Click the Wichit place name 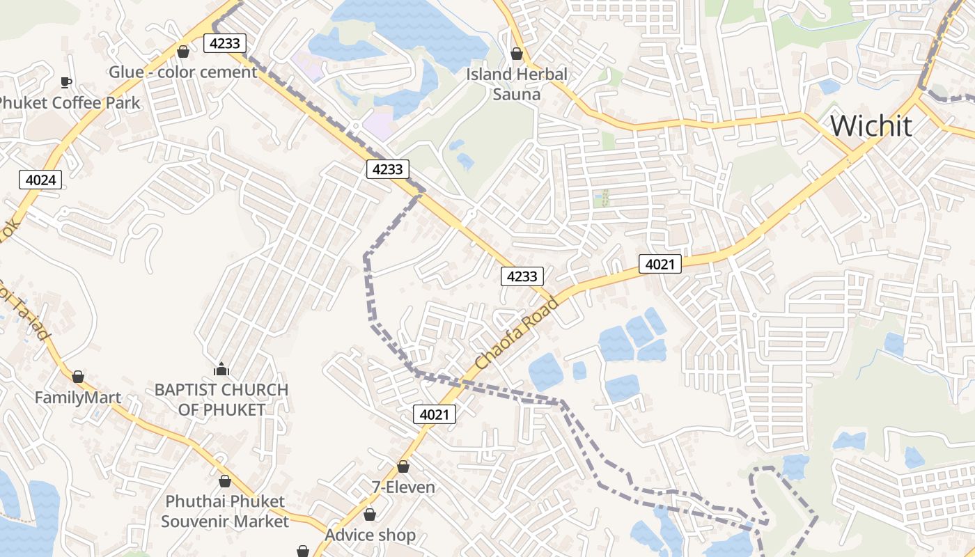coord(871,126)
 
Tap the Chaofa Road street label coord(517,334)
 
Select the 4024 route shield coord(40,180)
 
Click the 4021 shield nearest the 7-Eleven coord(435,415)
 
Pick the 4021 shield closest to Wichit coord(660,264)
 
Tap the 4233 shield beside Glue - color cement coord(225,43)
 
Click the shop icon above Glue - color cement coord(183,52)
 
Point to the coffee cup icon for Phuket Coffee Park coord(66,82)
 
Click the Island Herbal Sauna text coord(517,84)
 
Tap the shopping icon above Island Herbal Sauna coord(517,53)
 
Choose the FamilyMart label coord(78,398)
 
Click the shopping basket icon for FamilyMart coord(78,377)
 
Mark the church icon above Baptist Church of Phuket coord(221,368)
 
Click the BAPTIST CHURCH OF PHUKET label coord(221,400)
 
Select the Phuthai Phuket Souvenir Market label coord(225,511)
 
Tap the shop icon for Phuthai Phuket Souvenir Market coord(225,481)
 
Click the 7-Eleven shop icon coord(403,466)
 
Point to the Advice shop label coord(370,535)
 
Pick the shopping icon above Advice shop coord(370,515)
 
